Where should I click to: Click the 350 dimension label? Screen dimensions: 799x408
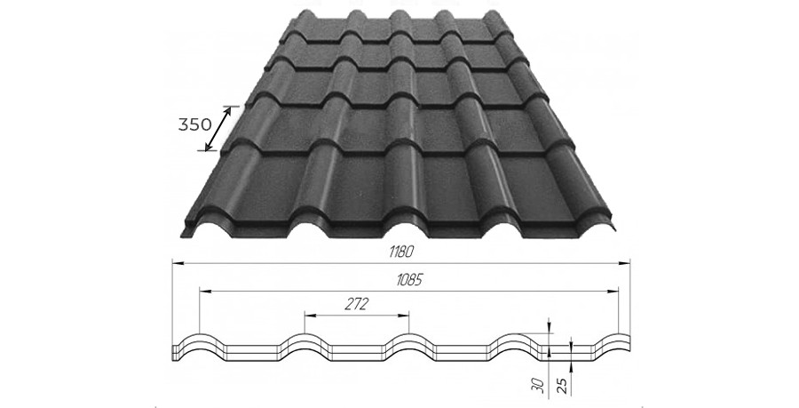point(194,124)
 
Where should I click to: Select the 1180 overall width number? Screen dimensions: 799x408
point(400,251)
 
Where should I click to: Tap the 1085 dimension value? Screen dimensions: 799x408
point(409,281)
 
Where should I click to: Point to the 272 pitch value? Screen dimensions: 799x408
point(357,304)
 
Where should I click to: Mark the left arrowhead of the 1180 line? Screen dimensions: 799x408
point(177,263)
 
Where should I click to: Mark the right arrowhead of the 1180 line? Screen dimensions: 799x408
point(625,263)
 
